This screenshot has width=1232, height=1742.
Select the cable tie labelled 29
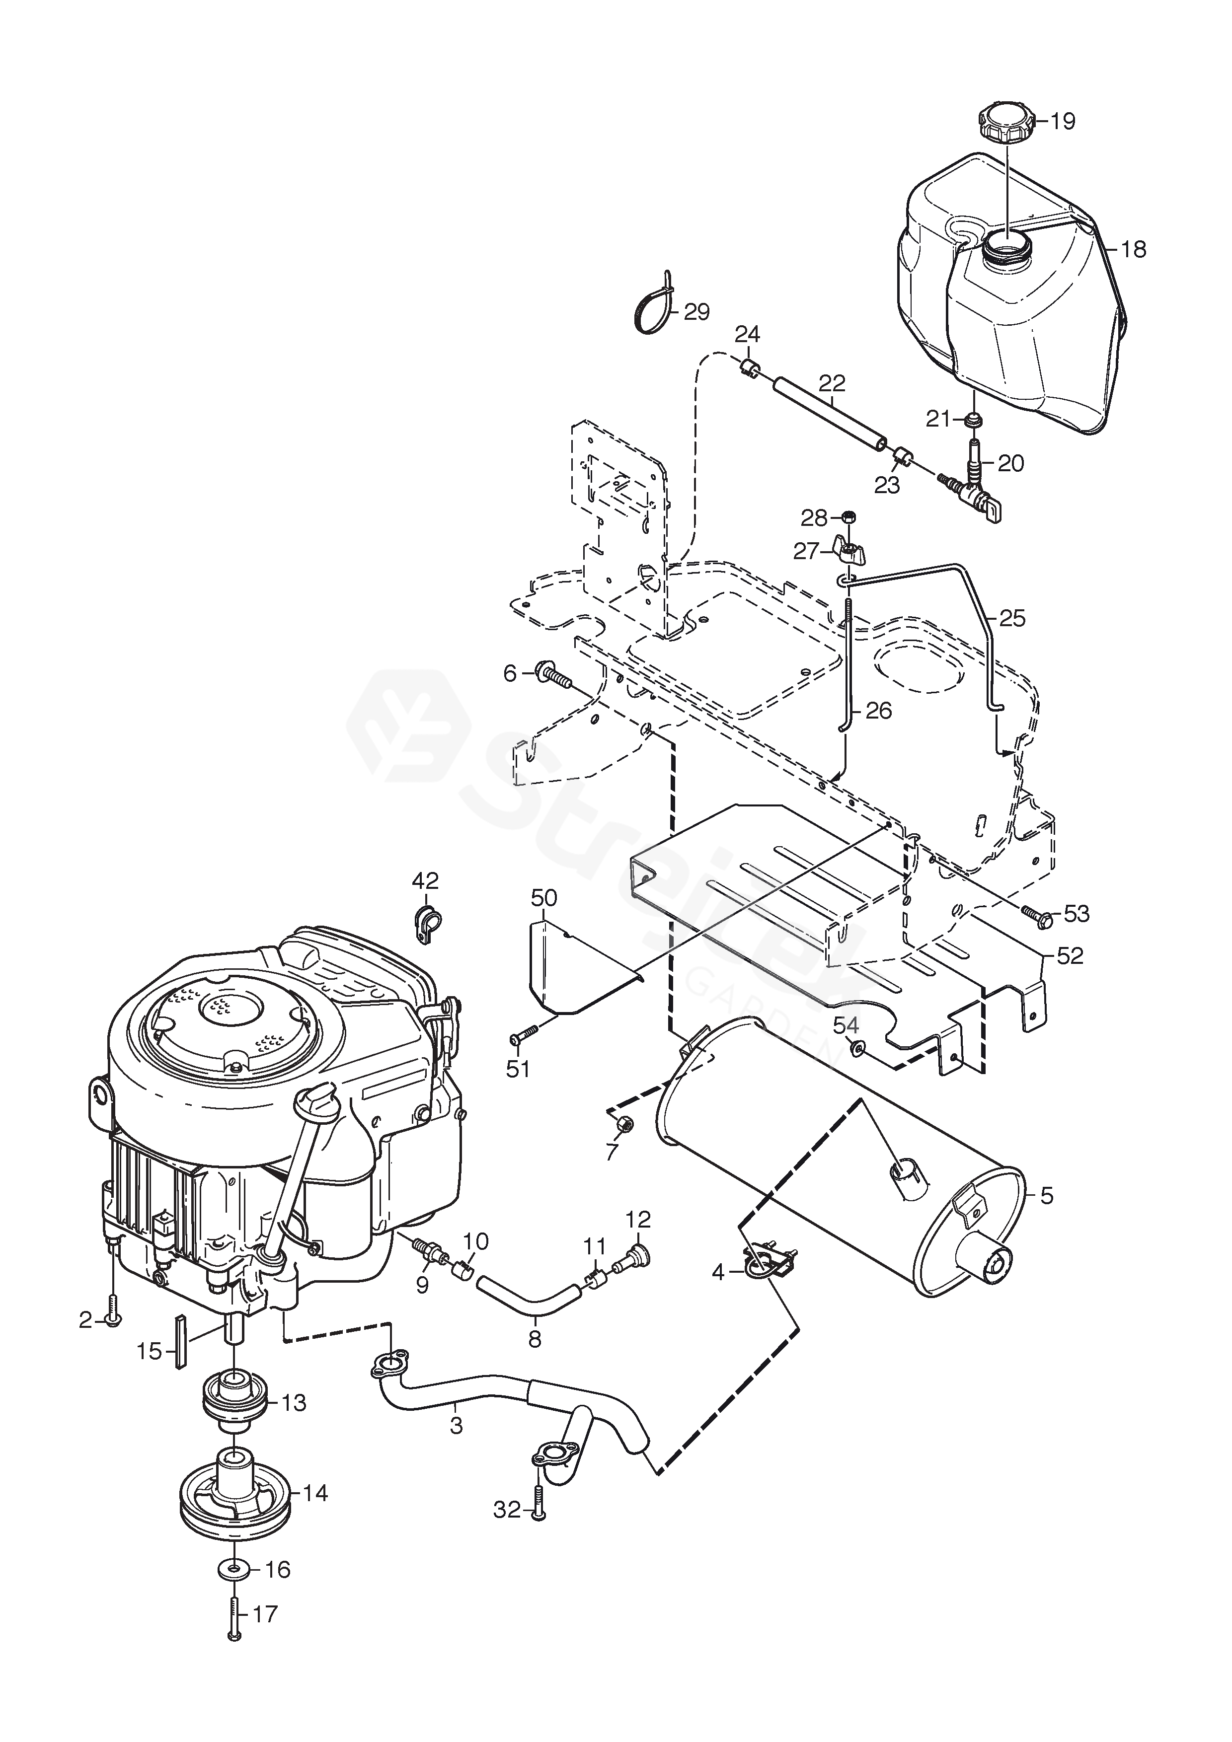[657, 306]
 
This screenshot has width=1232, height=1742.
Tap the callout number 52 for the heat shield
[1071, 957]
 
